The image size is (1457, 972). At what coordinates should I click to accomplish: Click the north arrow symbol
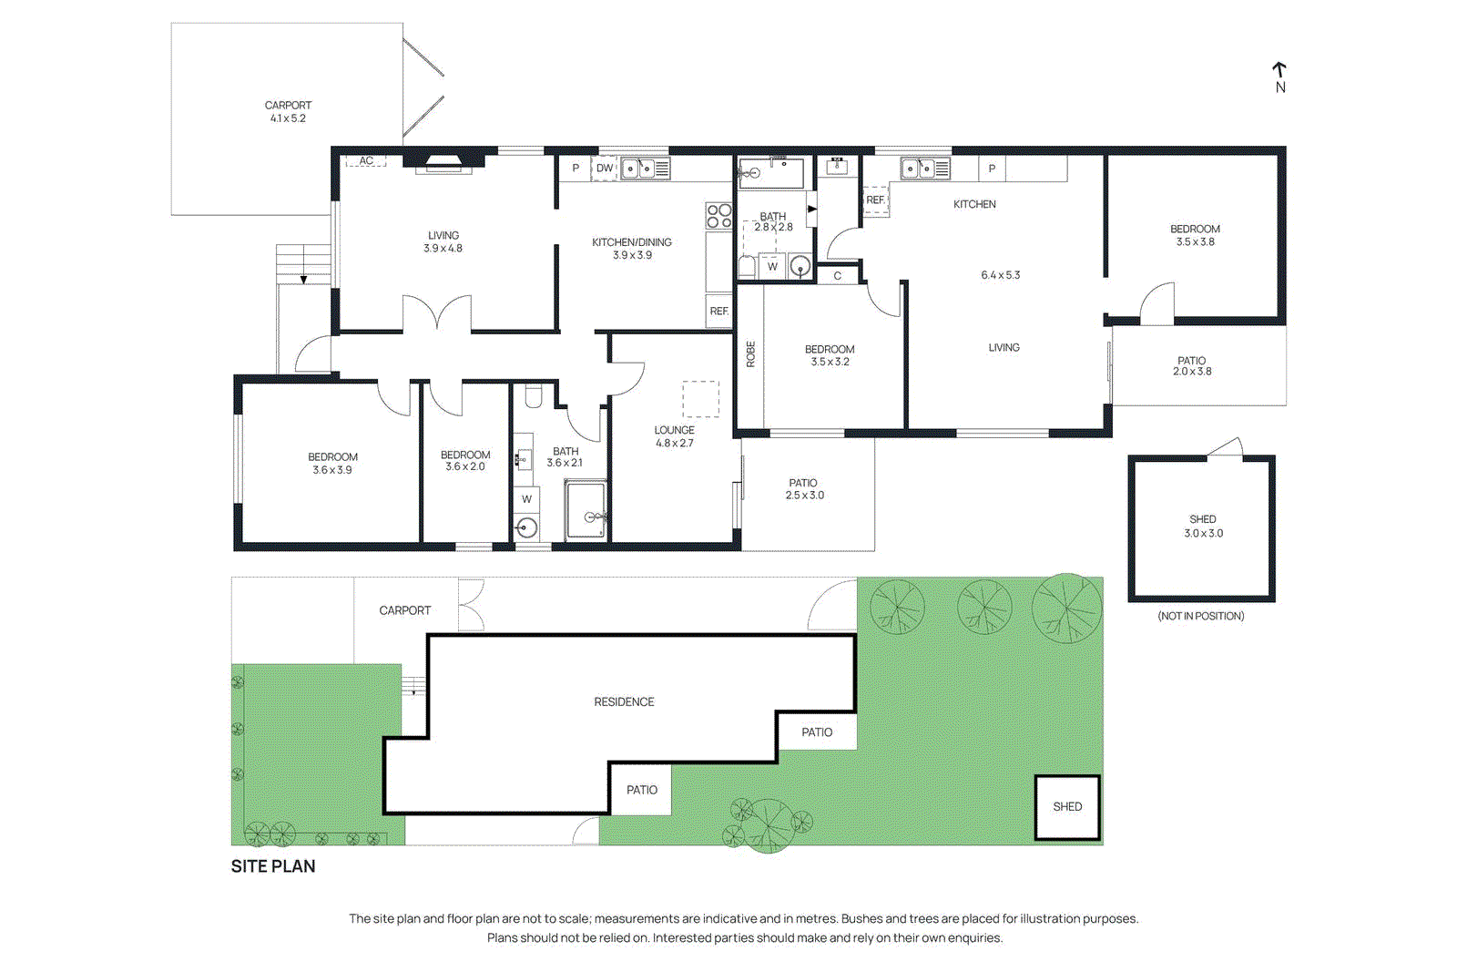coord(1279,71)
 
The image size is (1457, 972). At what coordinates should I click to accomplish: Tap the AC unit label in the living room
coord(366,161)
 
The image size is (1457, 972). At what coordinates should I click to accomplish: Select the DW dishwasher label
coord(605,169)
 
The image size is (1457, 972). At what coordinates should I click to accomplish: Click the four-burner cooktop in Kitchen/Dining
coord(718,215)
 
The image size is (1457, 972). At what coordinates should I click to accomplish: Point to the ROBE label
coord(751,353)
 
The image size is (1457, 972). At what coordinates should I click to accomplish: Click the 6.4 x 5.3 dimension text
coord(1000,275)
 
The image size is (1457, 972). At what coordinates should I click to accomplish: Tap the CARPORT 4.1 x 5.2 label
coord(288,112)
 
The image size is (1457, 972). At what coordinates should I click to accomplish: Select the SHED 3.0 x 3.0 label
coord(1203,527)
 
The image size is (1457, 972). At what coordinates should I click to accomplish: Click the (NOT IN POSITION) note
coord(1200,617)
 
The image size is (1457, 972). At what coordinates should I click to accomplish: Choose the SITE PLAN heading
coord(273,866)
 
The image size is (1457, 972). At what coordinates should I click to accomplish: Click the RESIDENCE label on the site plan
coord(624,702)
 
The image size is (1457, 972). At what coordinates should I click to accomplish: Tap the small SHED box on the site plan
coord(1067,807)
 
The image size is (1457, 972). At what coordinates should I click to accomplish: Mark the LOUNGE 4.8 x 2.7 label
coord(674,436)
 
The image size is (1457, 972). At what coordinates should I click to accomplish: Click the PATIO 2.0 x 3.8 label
coord(1191,366)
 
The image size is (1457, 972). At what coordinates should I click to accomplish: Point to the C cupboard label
coord(838,276)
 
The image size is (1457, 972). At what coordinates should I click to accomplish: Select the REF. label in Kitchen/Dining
coord(719,312)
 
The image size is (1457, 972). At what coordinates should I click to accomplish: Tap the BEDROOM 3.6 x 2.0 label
coord(465,461)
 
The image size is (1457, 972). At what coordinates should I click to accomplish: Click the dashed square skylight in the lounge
coord(700,399)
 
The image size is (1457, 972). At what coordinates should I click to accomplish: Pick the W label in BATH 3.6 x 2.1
coord(526,499)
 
